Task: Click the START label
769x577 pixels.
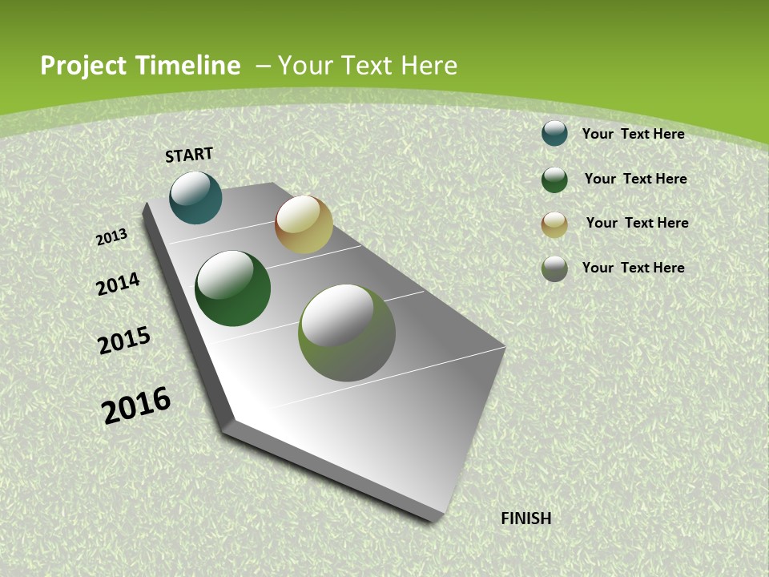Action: [x=189, y=155]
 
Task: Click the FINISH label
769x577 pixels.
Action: [x=525, y=518]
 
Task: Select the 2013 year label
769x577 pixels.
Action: [x=112, y=236]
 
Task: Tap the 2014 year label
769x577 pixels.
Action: [x=119, y=284]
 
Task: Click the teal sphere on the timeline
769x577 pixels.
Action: [x=196, y=198]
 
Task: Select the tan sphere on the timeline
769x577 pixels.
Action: [x=304, y=224]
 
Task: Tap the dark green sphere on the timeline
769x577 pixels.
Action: [x=233, y=288]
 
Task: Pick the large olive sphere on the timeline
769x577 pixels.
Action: [x=347, y=333]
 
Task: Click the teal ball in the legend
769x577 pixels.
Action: [x=554, y=133]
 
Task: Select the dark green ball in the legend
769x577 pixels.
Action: [x=554, y=180]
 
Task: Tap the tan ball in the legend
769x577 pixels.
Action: [x=554, y=224]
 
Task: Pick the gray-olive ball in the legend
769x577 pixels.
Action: [x=554, y=268]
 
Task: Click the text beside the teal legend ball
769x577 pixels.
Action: [x=633, y=134]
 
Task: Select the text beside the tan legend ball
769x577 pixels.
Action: [x=637, y=223]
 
